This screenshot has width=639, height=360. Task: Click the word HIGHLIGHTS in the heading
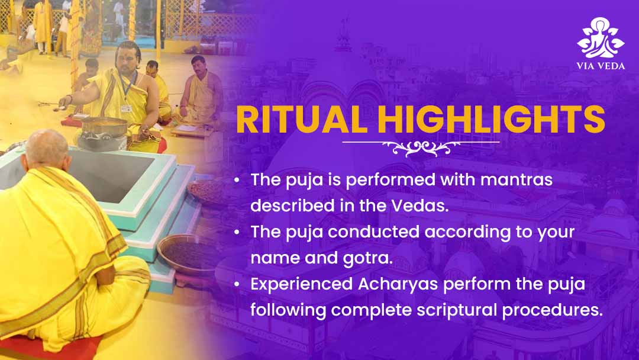(x=492, y=119)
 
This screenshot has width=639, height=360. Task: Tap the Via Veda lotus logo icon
(x=601, y=37)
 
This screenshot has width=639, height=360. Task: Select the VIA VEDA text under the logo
(x=601, y=66)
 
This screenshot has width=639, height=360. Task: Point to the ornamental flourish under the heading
(x=421, y=147)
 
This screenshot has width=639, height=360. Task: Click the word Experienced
(x=301, y=284)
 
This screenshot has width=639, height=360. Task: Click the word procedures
(x=552, y=310)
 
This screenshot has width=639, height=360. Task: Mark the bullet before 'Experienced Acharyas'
(x=237, y=285)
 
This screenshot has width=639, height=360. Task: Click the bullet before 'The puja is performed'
(x=237, y=180)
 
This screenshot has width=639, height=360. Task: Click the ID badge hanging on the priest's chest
(x=127, y=108)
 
